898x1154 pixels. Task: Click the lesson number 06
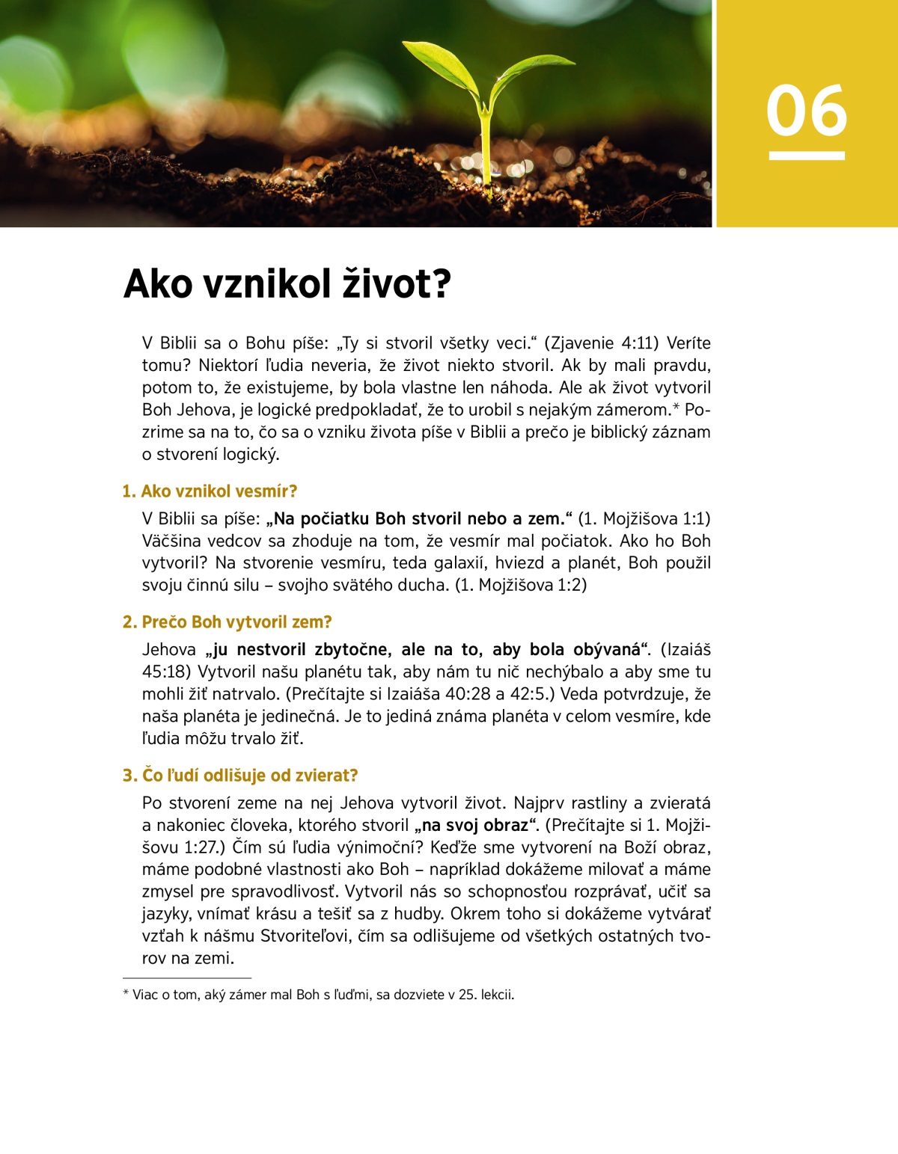(x=806, y=111)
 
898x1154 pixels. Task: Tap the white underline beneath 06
(x=807, y=156)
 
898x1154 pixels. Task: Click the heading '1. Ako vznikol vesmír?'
(x=210, y=491)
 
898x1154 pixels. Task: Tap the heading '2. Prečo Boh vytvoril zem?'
(x=227, y=622)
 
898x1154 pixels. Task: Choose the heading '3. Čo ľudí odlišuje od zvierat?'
(x=240, y=776)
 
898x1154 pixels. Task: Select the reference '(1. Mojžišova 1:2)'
(x=521, y=586)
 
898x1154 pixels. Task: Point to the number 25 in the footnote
(x=448, y=995)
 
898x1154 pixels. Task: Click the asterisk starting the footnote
(x=126, y=994)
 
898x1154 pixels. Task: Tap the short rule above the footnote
(x=187, y=977)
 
